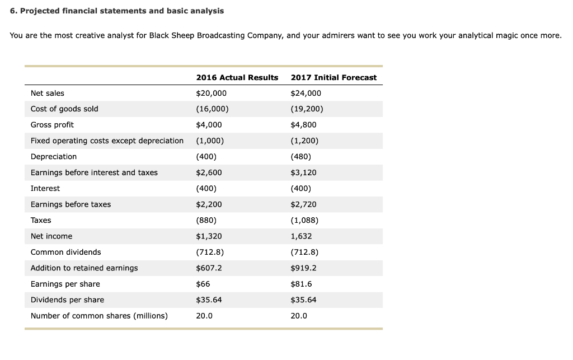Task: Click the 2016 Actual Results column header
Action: point(237,77)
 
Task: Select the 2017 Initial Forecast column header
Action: point(334,77)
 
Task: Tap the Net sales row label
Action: point(48,93)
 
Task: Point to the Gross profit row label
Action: point(52,125)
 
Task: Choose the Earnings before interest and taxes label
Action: point(94,172)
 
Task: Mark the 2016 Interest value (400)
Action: point(206,189)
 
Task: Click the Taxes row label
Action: point(41,221)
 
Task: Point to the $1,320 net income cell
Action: point(209,236)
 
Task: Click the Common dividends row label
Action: point(66,253)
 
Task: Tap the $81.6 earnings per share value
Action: point(302,284)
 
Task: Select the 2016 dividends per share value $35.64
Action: point(209,300)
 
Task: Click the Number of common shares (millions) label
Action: point(99,316)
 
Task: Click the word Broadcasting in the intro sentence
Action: point(220,35)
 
